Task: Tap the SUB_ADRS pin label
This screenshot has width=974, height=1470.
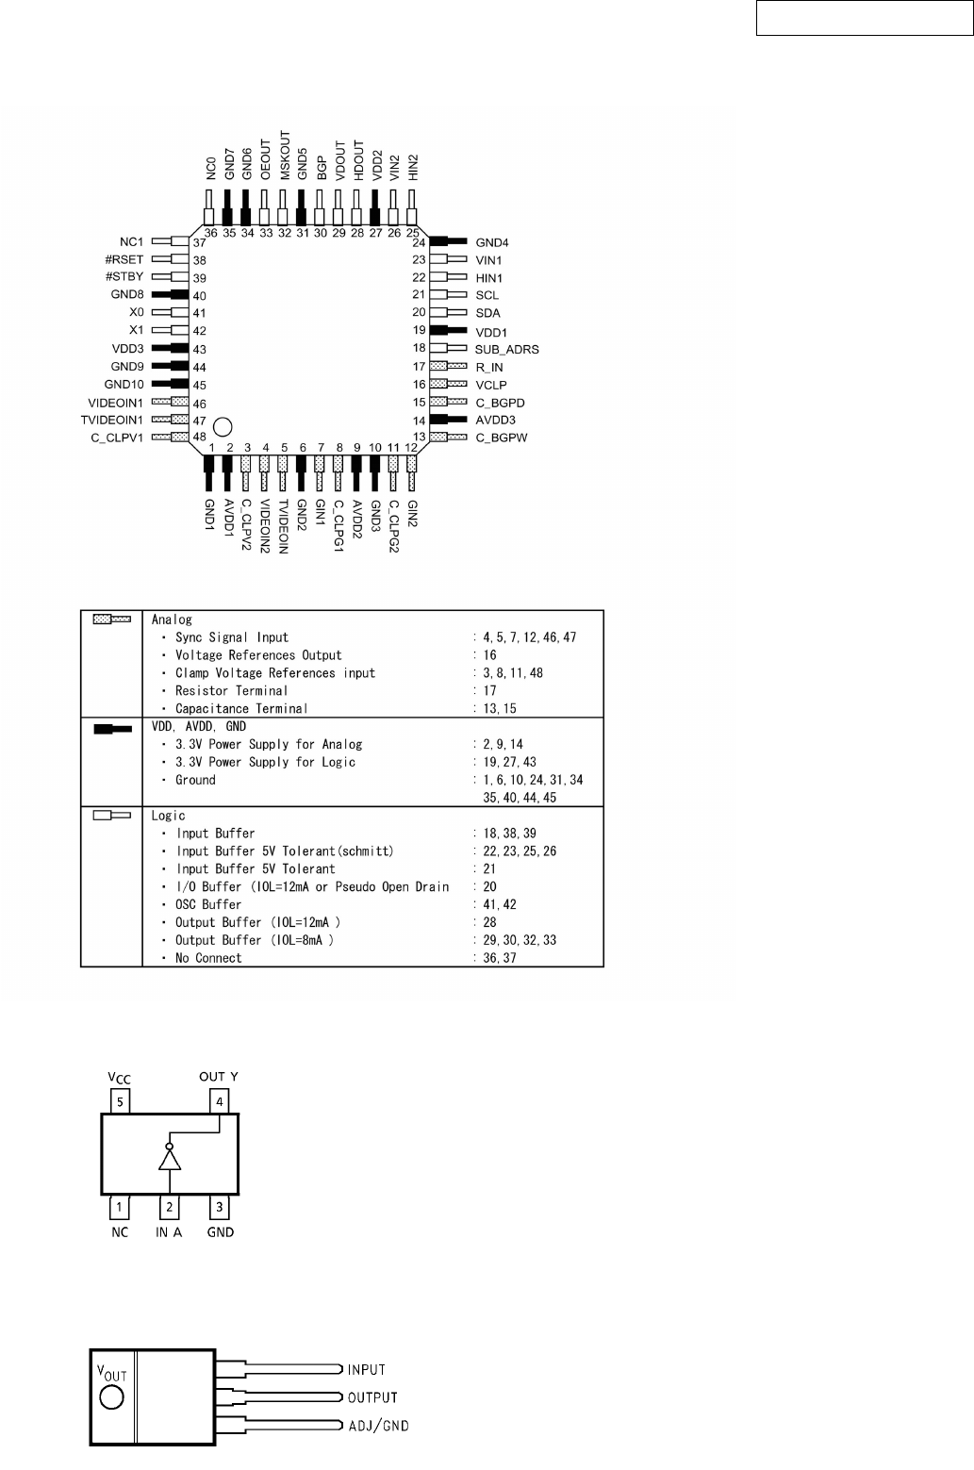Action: pyautogui.click(x=506, y=349)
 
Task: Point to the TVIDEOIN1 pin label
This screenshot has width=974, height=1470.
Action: pyautogui.click(x=107, y=420)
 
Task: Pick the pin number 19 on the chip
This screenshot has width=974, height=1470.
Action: pyautogui.click(x=420, y=331)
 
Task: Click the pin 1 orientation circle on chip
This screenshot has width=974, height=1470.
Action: pyautogui.click(x=223, y=426)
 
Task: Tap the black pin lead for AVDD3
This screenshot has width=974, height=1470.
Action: pyautogui.click(x=448, y=420)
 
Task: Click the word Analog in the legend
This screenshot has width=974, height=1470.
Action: pyautogui.click(x=172, y=619)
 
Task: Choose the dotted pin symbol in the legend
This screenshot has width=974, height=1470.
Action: pyautogui.click(x=111, y=619)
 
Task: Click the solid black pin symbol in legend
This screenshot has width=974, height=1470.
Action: pyautogui.click(x=111, y=729)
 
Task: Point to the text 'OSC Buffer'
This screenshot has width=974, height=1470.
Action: pyautogui.click(x=208, y=904)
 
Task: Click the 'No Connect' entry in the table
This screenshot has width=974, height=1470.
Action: pyautogui.click(x=208, y=958)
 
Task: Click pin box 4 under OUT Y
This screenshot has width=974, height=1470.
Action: pyautogui.click(x=219, y=1100)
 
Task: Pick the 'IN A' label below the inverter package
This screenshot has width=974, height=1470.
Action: pyautogui.click(x=169, y=1232)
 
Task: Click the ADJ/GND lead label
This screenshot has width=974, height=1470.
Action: pyautogui.click(x=378, y=1426)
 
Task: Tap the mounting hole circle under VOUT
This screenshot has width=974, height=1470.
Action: pyautogui.click(x=112, y=1397)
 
